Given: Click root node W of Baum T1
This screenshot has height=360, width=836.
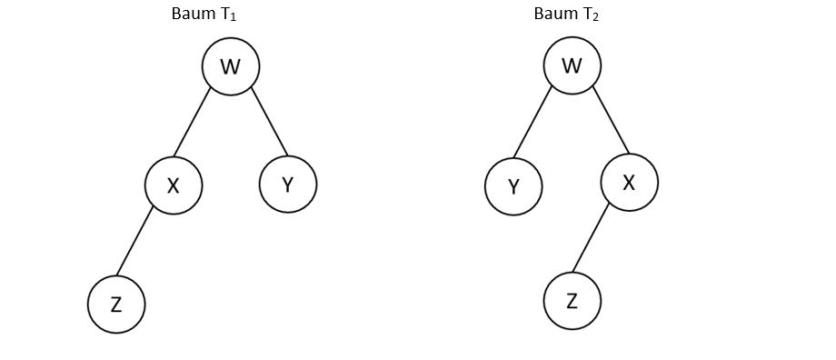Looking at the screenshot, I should (231, 66).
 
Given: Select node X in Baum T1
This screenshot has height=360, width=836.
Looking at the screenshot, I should (174, 185).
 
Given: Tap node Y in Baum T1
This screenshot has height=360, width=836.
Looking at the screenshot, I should (288, 185).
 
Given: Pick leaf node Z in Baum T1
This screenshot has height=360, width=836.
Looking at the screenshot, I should (116, 305).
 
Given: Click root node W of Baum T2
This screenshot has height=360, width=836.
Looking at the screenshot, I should (572, 65).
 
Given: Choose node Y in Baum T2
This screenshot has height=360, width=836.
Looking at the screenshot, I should (513, 186).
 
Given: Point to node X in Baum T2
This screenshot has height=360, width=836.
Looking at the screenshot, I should (629, 182).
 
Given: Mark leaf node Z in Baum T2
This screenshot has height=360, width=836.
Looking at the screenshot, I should (572, 301).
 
